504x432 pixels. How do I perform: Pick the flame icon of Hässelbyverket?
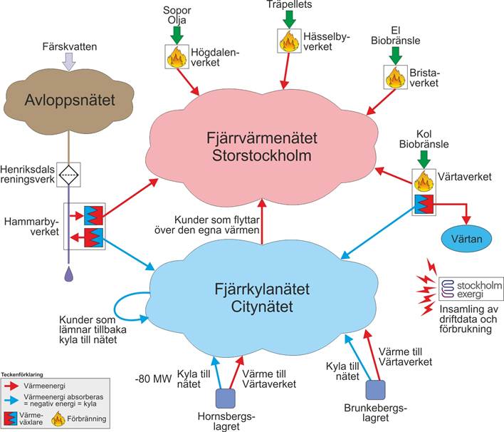coord(288,40)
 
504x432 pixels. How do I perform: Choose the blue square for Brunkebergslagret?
coord(374,389)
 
